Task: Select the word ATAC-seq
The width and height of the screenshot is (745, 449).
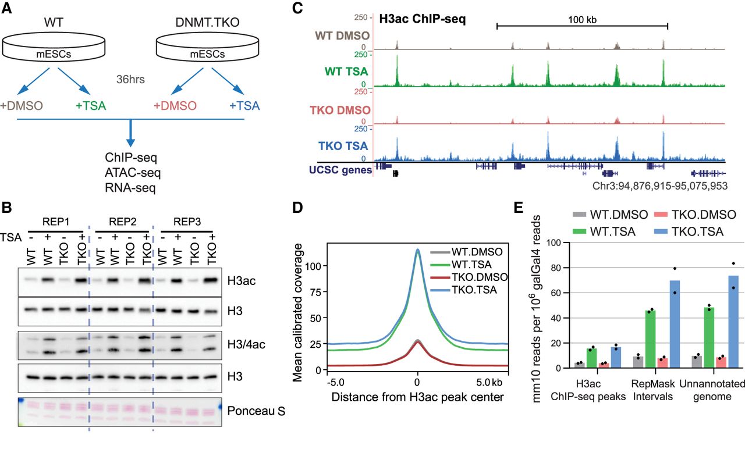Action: click(x=133, y=173)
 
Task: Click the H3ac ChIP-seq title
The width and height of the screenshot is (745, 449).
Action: click(x=425, y=19)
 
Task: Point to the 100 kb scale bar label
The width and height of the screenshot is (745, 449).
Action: click(x=582, y=19)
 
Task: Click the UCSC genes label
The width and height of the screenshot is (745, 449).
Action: click(x=340, y=169)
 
